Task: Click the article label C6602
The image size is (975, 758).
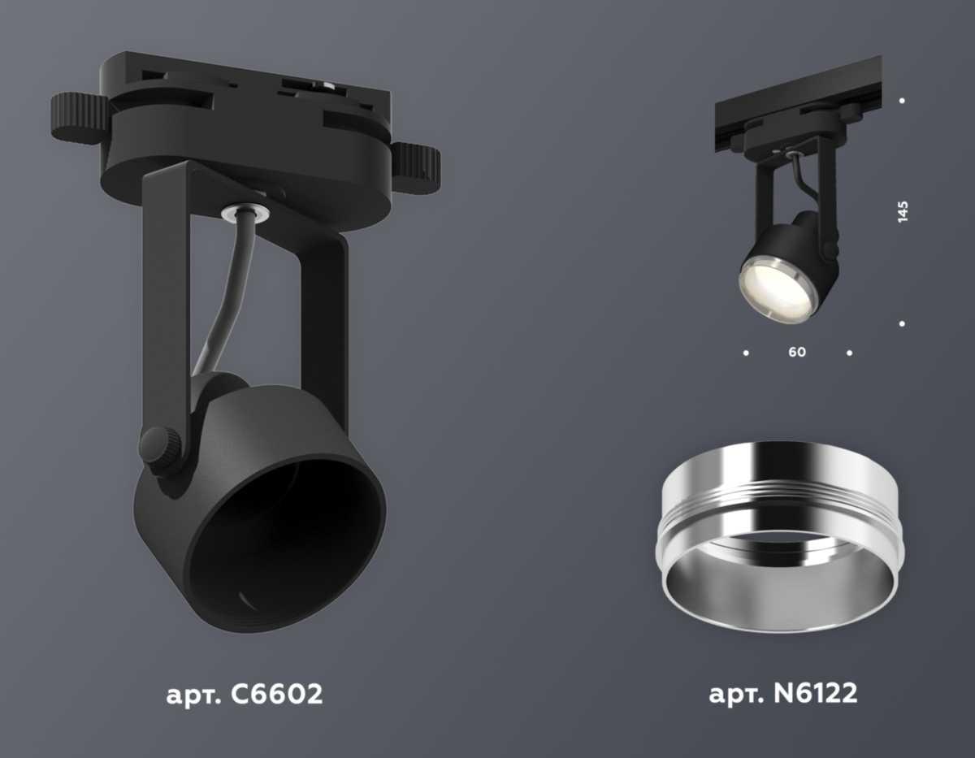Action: point(244,695)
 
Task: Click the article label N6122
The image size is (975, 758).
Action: point(782,695)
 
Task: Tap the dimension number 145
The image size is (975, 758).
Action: point(903,210)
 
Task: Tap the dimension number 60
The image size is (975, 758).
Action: point(797,353)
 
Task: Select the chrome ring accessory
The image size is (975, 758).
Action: point(778,536)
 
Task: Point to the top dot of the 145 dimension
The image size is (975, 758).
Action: point(903,102)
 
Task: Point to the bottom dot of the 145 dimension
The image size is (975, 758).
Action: point(903,324)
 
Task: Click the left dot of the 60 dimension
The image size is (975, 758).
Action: point(746,353)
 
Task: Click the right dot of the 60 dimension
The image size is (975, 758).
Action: point(849,353)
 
